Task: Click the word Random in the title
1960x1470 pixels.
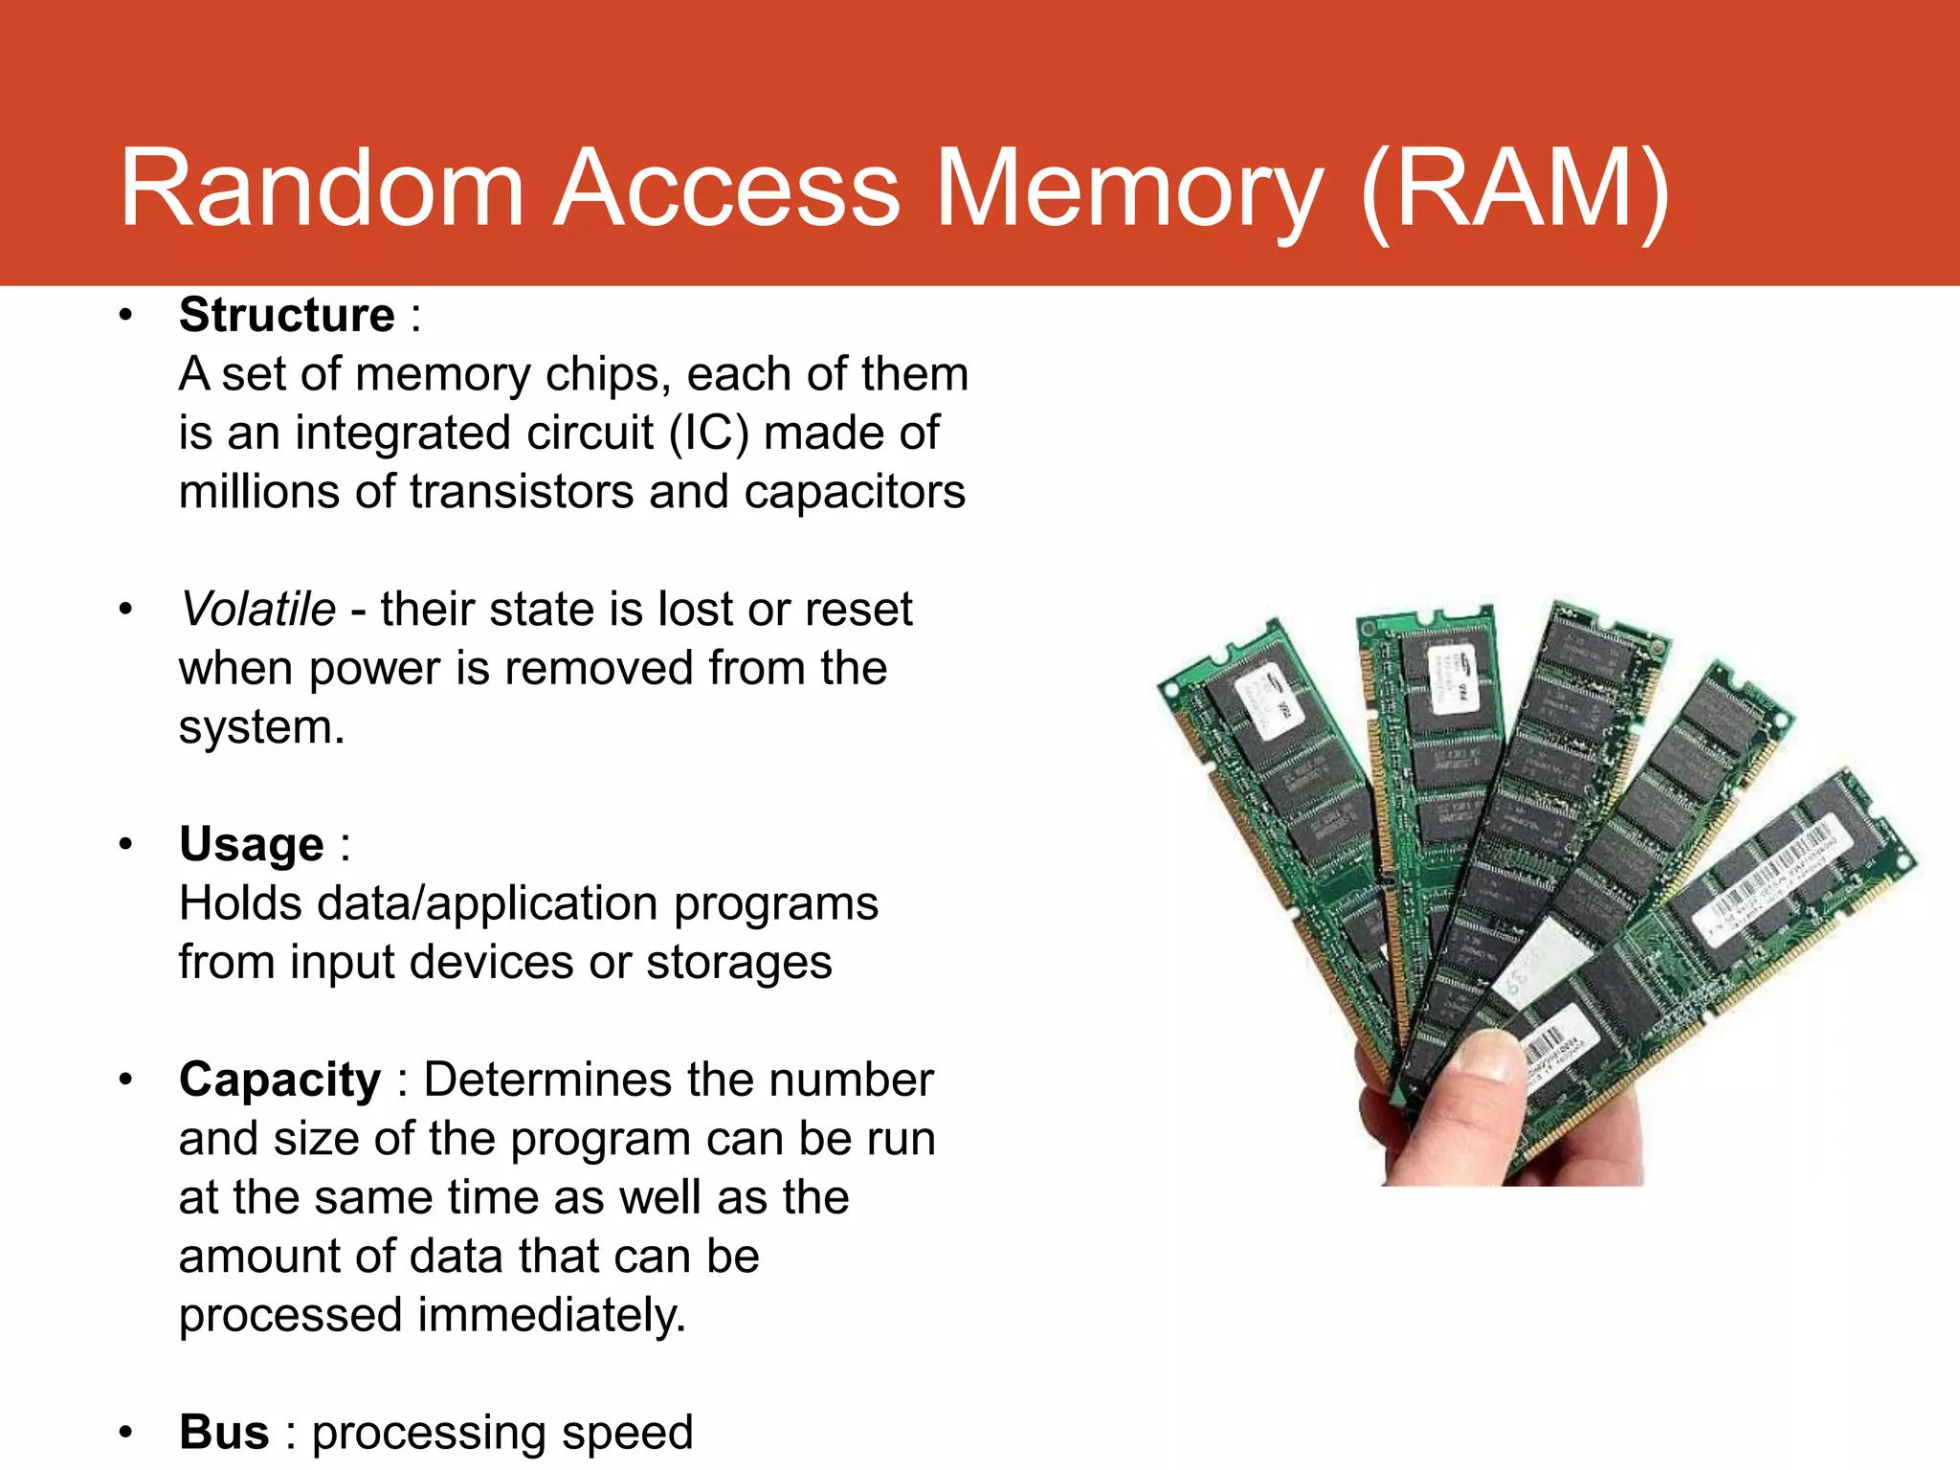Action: click(322, 189)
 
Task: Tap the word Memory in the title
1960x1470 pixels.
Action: click(1129, 189)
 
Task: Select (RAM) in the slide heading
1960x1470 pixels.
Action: click(1515, 189)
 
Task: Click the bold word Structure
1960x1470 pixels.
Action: click(286, 315)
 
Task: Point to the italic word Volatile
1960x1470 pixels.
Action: click(258, 610)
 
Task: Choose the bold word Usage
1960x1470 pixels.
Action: click(252, 845)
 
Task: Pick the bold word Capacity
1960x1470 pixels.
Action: click(279, 1080)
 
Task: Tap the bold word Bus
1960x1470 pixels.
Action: click(224, 1433)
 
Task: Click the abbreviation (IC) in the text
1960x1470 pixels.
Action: click(708, 433)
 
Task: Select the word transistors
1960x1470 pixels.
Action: click(522, 492)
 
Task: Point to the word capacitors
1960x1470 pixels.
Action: click(855, 492)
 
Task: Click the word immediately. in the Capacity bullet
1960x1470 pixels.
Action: click(552, 1315)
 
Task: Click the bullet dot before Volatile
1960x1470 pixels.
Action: click(125, 610)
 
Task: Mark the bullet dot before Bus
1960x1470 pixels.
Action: click(125, 1433)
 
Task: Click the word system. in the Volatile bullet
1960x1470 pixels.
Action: click(261, 727)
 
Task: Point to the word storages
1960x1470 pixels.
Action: click(739, 963)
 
